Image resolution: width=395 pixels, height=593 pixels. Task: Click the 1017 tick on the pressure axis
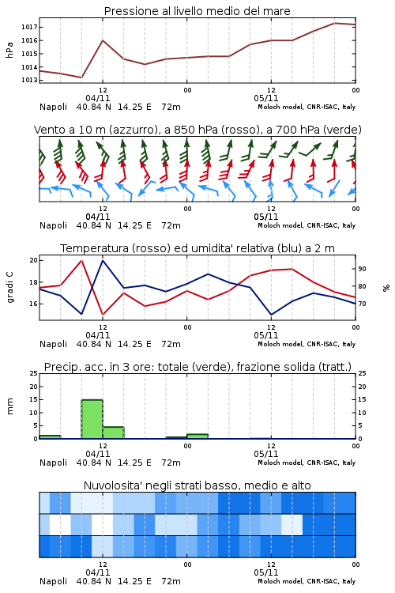point(28,27)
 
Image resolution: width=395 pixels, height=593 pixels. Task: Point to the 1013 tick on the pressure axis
point(28,80)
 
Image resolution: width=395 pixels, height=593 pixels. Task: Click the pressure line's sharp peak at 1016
point(103,40)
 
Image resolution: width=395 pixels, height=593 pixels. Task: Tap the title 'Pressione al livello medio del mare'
point(197,11)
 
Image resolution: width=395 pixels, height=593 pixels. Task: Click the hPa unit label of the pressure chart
point(9,50)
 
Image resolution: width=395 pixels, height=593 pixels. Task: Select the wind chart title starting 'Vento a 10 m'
point(197,130)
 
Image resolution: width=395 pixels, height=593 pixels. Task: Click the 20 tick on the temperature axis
point(33,260)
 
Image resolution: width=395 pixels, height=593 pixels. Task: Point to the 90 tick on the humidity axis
point(362,269)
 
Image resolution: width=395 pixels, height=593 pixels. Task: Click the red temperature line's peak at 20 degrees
point(81,260)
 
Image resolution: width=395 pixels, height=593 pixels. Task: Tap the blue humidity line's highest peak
point(103,260)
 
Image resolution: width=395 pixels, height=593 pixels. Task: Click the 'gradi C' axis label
point(9,287)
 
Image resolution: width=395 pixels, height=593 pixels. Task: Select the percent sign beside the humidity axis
point(386,288)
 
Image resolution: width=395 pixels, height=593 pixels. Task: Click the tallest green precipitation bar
point(92,419)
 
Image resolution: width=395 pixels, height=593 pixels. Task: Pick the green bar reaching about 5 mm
point(114,432)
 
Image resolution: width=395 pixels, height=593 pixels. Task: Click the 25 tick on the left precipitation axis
point(34,373)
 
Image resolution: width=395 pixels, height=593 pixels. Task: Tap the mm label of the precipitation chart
point(9,406)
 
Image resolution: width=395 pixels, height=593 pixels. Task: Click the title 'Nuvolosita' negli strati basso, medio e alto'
point(197,485)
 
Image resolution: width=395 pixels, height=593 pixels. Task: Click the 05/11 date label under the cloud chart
point(266,572)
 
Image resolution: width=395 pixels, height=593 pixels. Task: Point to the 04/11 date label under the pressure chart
point(98,98)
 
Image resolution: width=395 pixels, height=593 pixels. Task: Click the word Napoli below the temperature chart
point(53,344)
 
